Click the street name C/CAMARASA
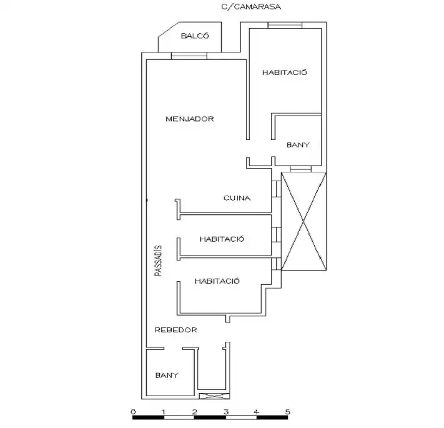pyautogui.click(x=251, y=7)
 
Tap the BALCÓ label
pyautogui.click(x=195, y=36)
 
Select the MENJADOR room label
pyautogui.click(x=190, y=119)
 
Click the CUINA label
pyautogui.click(x=237, y=198)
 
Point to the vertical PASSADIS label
pyautogui.click(x=158, y=261)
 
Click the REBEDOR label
pyautogui.click(x=176, y=330)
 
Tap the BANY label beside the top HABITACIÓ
pyautogui.click(x=298, y=145)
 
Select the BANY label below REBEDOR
pyautogui.click(x=167, y=376)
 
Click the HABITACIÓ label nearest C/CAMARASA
pyautogui.click(x=285, y=72)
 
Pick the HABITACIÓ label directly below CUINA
pyautogui.click(x=222, y=239)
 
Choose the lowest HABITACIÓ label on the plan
pyautogui.click(x=217, y=281)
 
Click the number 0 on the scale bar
pyautogui.click(x=134, y=412)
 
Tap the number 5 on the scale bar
pyautogui.click(x=288, y=412)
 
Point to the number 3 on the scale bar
pyautogui.click(x=225, y=412)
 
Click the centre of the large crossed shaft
pyautogui.click(x=304, y=221)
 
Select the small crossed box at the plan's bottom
pyautogui.click(x=214, y=396)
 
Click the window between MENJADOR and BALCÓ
pyautogui.click(x=189, y=56)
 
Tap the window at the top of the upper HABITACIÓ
pyautogui.click(x=285, y=25)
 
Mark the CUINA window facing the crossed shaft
pyautogui.click(x=277, y=189)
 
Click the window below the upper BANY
pyautogui.click(x=301, y=169)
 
